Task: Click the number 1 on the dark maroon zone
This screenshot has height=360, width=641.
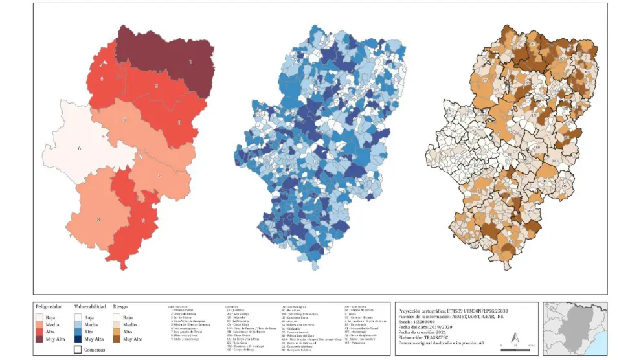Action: click(x=190, y=62)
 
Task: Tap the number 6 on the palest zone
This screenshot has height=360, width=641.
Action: click(x=80, y=149)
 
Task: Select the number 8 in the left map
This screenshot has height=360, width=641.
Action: click(x=98, y=220)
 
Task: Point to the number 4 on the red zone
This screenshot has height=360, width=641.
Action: click(x=102, y=79)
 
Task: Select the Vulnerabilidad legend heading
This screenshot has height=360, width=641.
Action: click(x=89, y=306)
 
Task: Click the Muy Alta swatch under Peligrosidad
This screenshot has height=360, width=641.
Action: click(x=39, y=338)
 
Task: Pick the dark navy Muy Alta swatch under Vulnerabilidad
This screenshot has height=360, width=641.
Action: click(x=78, y=338)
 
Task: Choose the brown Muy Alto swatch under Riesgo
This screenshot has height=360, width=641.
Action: click(x=117, y=338)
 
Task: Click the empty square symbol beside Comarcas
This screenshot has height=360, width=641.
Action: click(x=78, y=349)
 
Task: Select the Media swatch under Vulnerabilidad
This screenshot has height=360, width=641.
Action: click(x=78, y=324)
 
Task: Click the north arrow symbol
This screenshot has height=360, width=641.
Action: click(x=514, y=337)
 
